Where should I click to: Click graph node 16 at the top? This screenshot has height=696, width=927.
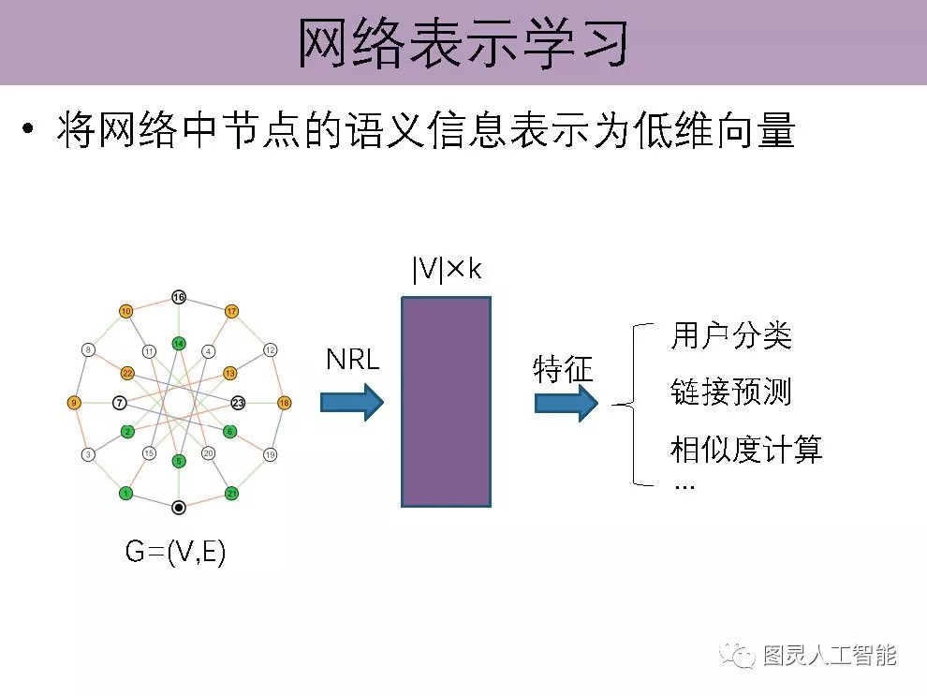pyautogui.click(x=179, y=298)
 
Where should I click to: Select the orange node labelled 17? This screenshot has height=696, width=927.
pyautogui.click(x=232, y=311)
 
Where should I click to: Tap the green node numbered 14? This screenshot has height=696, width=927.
pyautogui.click(x=179, y=344)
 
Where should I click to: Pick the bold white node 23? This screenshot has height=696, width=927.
pyautogui.click(x=238, y=403)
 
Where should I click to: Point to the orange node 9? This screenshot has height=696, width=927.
pyautogui.click(x=74, y=403)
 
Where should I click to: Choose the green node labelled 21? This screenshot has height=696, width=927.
pyautogui.click(x=231, y=494)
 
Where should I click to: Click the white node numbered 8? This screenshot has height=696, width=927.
pyautogui.click(x=88, y=350)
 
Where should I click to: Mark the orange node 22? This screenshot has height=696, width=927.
pyautogui.click(x=127, y=374)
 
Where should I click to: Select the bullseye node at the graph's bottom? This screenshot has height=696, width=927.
pyautogui.click(x=179, y=507)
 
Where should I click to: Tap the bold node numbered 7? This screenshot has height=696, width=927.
pyautogui.click(x=119, y=403)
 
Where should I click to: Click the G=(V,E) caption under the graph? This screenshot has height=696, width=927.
pyautogui.click(x=176, y=553)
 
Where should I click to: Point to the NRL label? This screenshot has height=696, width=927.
pyautogui.click(x=353, y=360)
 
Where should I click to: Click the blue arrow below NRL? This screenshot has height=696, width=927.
pyautogui.click(x=352, y=403)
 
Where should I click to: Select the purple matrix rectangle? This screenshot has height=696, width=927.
pyautogui.click(x=446, y=402)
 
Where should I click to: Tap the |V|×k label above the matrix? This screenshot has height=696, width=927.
pyautogui.click(x=446, y=271)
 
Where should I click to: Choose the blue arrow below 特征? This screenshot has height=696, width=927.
pyautogui.click(x=566, y=403)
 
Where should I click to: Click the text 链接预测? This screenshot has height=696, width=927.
pyautogui.click(x=731, y=392)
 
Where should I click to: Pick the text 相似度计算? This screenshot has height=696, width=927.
pyautogui.click(x=746, y=450)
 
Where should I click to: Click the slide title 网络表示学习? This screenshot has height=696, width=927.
pyautogui.click(x=463, y=42)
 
